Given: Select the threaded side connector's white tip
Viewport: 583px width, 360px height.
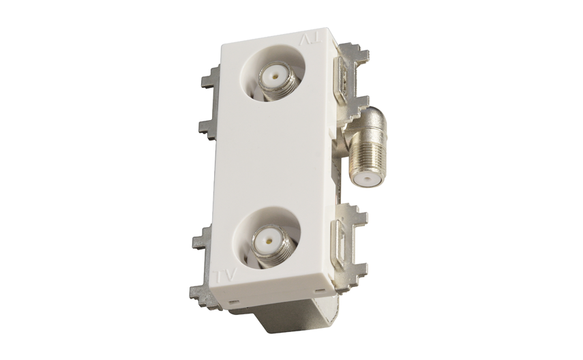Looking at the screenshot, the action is click(x=367, y=181).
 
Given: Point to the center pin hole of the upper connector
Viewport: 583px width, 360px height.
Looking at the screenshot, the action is click(x=274, y=77).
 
